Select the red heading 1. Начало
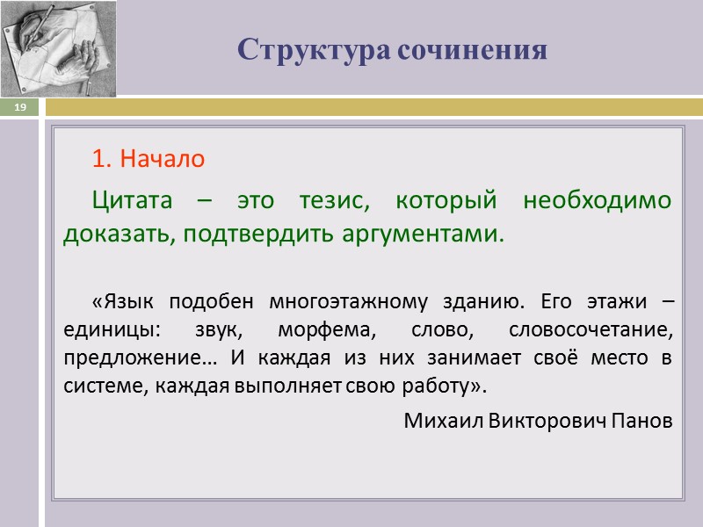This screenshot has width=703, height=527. [148, 160]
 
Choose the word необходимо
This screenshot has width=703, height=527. [598, 200]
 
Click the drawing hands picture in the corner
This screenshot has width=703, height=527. [58, 47]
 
